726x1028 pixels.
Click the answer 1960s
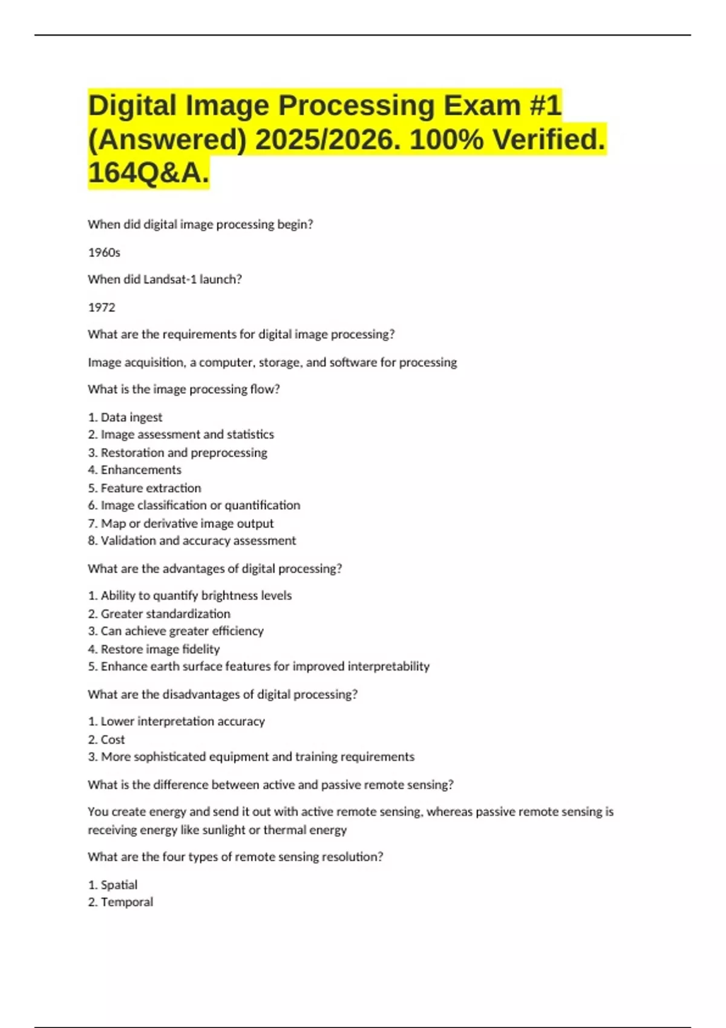[x=104, y=252]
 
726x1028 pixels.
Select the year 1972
[x=102, y=307]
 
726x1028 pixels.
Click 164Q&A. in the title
[x=149, y=173]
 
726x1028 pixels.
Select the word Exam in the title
[x=482, y=106]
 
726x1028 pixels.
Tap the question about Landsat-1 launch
[x=165, y=279]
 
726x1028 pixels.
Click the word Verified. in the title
[x=549, y=140]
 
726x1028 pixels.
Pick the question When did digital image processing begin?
[x=200, y=224]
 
